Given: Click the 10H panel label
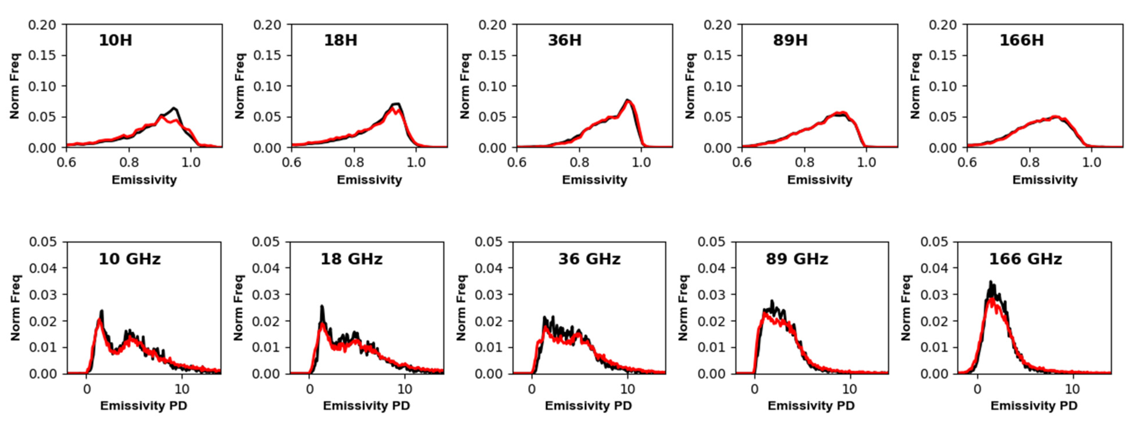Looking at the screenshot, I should pos(115,40).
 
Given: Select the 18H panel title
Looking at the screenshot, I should pos(341,40).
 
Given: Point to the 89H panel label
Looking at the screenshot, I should pos(790,40).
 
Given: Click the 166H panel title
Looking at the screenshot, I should pos(1022,40).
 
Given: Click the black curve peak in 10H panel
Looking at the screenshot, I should pos(174,108).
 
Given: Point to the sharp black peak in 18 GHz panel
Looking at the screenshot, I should pos(322,306).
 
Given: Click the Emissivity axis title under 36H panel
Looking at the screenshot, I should pos(594,180).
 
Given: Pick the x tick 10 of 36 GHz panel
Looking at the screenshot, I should pos(627,389).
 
